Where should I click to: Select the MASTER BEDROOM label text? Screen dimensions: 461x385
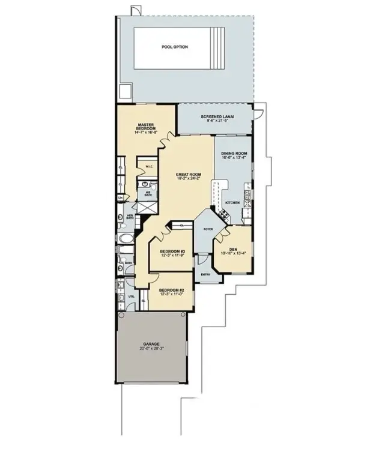pos(146,127)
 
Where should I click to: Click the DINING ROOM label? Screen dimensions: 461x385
pos(234,154)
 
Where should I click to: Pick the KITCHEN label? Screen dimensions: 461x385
pos(232,203)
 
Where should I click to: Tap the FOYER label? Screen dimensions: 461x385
pos(208,229)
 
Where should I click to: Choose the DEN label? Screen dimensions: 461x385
pos(234,250)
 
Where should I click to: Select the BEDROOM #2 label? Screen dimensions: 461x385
pos(171,291)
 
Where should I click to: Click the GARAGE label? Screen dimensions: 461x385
pos(151,344)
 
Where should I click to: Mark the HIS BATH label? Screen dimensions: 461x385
pos(147,193)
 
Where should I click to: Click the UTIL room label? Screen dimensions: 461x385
pos(131,297)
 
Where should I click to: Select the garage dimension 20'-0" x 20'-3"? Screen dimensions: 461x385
pos(151,349)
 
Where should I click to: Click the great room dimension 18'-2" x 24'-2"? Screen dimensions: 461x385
pos(188,178)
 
